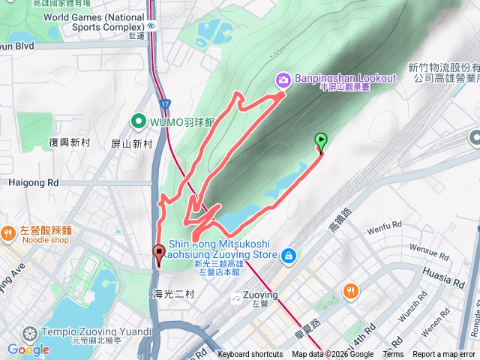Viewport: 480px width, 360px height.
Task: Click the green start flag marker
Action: point(321,139)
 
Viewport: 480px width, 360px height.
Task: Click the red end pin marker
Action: point(159,253)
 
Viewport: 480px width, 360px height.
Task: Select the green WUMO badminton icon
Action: point(139,120)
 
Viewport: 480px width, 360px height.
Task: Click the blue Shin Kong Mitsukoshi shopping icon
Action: point(288,256)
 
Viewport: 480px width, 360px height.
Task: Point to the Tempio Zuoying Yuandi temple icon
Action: point(29,332)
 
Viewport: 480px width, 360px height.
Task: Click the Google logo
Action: point(28,349)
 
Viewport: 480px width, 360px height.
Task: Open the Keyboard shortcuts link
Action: point(250,355)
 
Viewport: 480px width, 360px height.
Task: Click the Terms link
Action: point(393,355)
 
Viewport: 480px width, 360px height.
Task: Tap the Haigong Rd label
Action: point(33,182)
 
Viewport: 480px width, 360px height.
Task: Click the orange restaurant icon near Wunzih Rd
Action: point(350,290)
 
